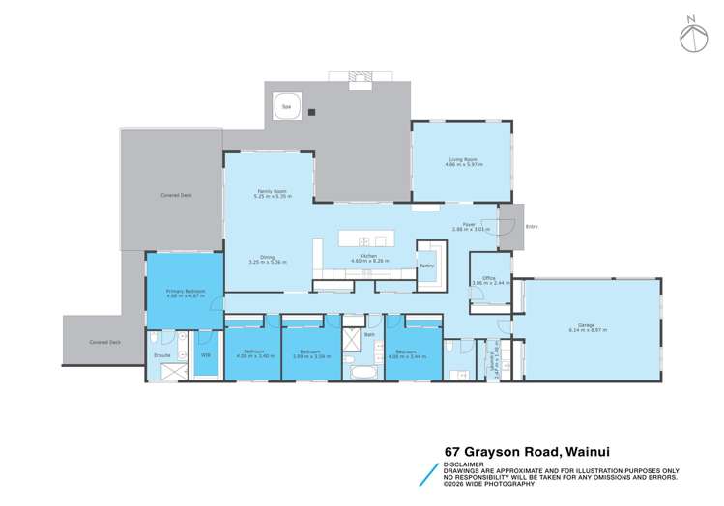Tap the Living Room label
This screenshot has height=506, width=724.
coord(461,159)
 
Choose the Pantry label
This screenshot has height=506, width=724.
coord(425,265)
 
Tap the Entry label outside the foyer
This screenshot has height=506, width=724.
coord(531,227)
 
